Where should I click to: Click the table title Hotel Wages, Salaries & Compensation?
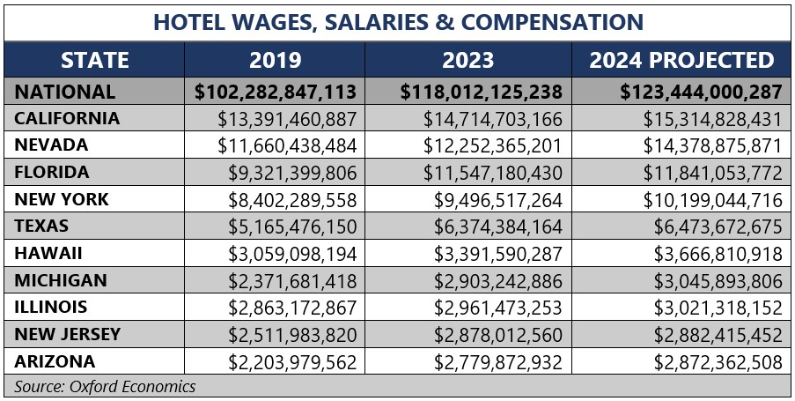point(398,21)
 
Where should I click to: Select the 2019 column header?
point(275,60)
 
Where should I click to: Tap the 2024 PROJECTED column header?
point(682,60)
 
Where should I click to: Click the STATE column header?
point(95,60)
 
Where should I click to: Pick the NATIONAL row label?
point(66,92)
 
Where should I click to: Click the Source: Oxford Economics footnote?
point(106,386)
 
